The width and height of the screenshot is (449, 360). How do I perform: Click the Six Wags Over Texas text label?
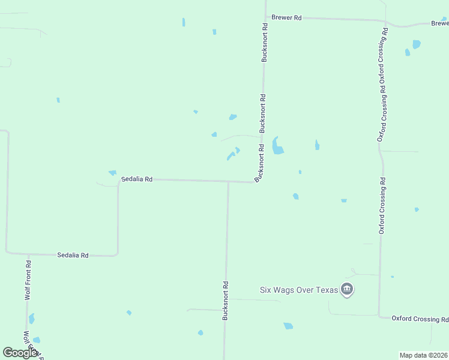(298, 290)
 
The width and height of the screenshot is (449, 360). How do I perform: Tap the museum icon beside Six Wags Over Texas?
(346, 290)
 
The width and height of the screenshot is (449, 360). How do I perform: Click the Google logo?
(20, 353)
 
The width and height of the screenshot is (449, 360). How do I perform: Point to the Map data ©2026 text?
(423, 355)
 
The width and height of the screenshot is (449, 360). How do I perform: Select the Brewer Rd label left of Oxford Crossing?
(286, 18)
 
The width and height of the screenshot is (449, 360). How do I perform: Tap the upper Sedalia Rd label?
(137, 179)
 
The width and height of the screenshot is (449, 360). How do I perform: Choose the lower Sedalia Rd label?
(73, 255)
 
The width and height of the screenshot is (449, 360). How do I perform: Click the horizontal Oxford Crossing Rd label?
(420, 318)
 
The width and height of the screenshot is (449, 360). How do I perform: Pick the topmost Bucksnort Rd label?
(264, 43)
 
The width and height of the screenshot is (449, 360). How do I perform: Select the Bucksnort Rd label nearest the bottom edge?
(226, 301)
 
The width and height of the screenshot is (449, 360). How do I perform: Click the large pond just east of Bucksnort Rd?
(277, 146)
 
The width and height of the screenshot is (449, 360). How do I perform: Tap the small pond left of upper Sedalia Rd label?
(112, 173)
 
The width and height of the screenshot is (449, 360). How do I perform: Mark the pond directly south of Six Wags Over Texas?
(288, 326)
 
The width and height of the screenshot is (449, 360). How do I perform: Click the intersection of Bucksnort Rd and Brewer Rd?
(265, 17)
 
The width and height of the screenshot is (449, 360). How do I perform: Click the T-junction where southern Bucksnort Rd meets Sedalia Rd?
(228, 181)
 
